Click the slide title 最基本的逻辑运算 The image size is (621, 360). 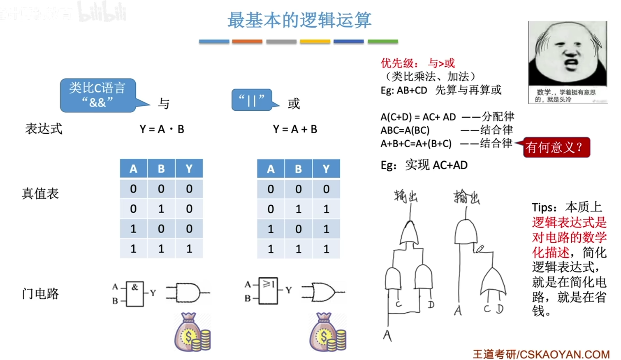tap(299, 20)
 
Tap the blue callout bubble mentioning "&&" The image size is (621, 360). tap(98, 95)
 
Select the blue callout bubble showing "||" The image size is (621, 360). tap(252, 100)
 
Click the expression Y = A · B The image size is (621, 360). tap(162, 130)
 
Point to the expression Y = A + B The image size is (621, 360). tap(295, 130)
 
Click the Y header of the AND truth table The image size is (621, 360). tap(189, 169)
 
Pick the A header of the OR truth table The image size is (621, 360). tap(271, 169)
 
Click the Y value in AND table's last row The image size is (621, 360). tap(189, 249)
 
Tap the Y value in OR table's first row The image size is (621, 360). tap(326, 189)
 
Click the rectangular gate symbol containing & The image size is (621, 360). tap(135, 294)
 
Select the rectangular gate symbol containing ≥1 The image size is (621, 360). tap(268, 290)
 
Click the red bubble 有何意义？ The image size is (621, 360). tap(556, 147)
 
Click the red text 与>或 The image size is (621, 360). tap(441, 63)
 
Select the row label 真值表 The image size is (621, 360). tap(40, 193)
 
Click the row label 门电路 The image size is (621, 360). tap(40, 294)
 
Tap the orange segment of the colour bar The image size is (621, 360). tap(247, 42)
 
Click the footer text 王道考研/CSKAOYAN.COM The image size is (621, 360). tap(541, 354)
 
